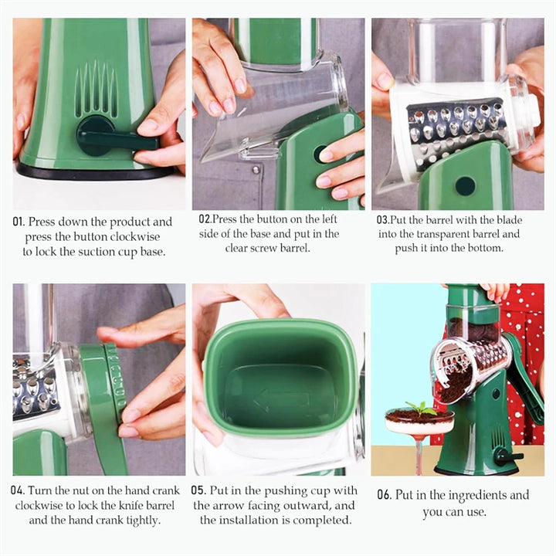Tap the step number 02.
tap(205, 219)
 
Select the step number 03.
tap(382, 219)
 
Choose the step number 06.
tap(384, 495)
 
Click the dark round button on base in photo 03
tap(465, 185)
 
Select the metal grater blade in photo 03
tap(456, 127)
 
